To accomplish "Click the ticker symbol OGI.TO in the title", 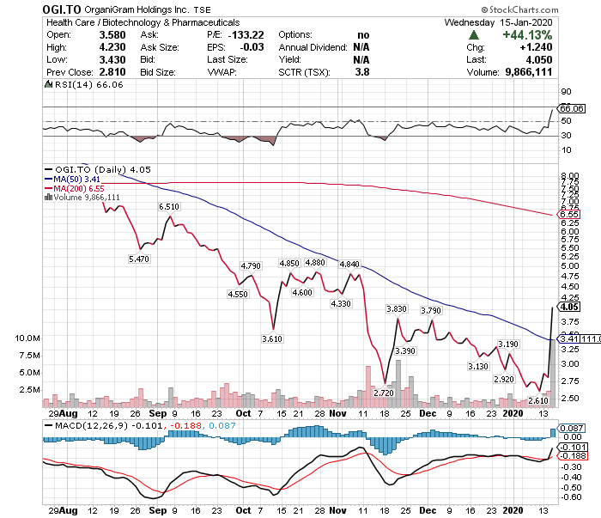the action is [62, 9].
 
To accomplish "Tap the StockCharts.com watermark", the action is [519, 9].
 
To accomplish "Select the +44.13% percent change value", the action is [527, 35].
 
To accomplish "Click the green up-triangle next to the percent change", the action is [474, 35].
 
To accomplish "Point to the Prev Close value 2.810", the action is [112, 72].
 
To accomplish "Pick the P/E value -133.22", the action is [246, 35].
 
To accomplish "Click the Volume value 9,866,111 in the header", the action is [529, 72].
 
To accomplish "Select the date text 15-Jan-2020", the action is [525, 22].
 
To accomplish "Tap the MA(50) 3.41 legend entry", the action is [72, 179].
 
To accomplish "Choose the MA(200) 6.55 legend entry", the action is [75, 188].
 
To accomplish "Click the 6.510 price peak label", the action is [169, 207].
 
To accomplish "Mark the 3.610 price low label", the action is [272, 339].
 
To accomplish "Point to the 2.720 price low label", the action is [384, 393].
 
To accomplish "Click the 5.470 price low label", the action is [139, 259].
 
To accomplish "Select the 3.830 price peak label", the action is [397, 309].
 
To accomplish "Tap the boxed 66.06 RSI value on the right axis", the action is [571, 108].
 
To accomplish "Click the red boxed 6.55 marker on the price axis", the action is [568, 215].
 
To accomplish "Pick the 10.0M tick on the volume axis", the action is [27, 338].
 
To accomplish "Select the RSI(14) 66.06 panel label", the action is [84, 85].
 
